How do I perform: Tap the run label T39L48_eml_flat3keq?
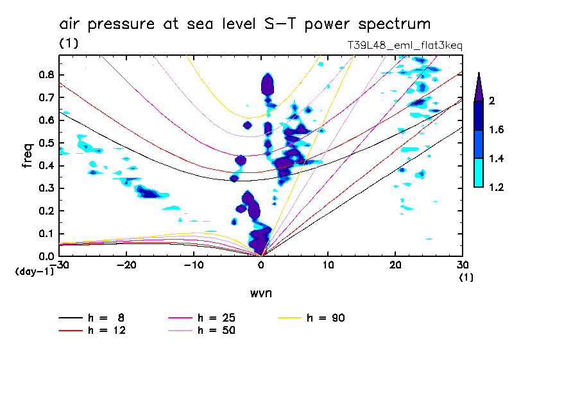coord(404,46)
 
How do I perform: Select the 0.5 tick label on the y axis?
coord(46,143)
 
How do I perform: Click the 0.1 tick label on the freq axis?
coord(46,234)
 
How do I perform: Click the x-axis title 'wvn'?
coord(260,293)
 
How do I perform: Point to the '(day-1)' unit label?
coord(34,272)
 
